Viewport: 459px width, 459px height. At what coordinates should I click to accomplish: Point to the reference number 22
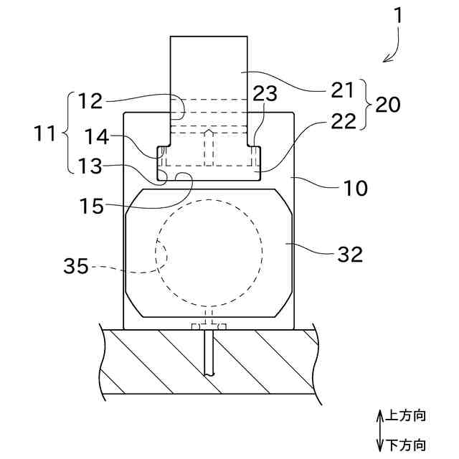click(344, 120)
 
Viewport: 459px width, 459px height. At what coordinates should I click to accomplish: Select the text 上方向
click(407, 416)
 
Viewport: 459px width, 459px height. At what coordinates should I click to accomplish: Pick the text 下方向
click(407, 445)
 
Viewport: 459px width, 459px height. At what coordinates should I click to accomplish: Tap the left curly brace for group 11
click(68, 133)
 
